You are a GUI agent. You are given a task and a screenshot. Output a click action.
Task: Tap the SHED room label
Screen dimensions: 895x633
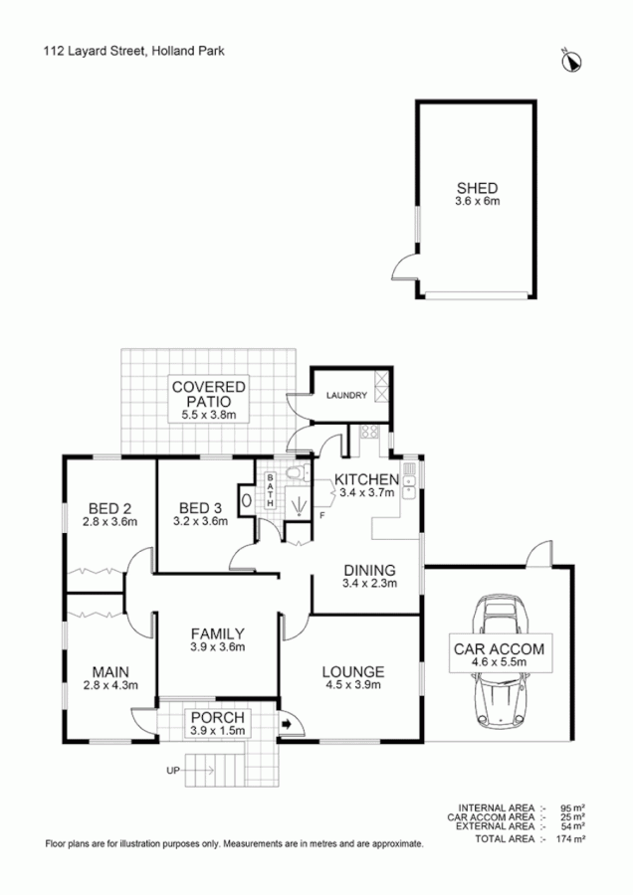click(x=477, y=188)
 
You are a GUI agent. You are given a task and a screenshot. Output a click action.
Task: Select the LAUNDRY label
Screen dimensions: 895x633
click(x=343, y=395)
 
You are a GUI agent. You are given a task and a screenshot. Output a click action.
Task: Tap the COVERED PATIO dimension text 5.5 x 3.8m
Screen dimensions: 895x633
click(x=209, y=414)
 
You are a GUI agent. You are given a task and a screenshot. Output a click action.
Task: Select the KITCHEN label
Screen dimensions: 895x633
click(x=366, y=479)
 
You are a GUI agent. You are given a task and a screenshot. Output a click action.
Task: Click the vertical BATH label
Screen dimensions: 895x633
click(x=270, y=490)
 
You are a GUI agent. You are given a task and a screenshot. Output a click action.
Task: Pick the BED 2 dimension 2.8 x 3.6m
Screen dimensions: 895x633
click(x=109, y=520)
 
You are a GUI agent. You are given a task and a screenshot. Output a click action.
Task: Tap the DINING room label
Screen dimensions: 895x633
click(x=369, y=570)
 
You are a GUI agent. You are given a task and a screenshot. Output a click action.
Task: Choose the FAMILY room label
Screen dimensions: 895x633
click(x=217, y=633)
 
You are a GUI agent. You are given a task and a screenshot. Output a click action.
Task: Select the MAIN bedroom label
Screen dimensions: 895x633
click(x=108, y=669)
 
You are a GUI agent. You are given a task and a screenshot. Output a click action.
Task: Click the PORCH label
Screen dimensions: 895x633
click(x=217, y=717)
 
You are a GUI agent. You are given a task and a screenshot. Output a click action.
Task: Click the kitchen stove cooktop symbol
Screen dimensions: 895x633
click(x=366, y=433)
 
